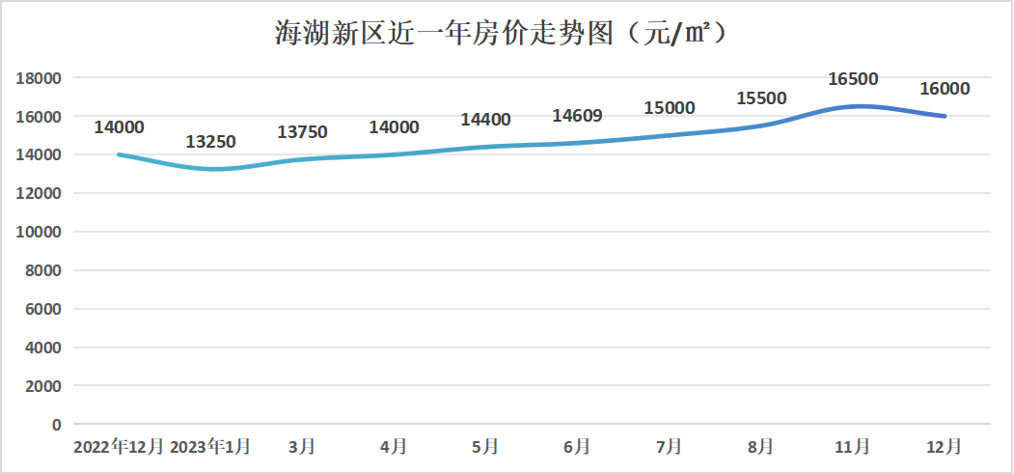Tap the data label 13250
210,142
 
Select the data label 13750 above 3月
302,132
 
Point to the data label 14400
485,120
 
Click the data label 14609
577,116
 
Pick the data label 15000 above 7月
669,108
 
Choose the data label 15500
761,98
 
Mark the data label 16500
853,79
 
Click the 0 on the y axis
56,424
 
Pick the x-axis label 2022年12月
120,447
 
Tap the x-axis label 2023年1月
210,447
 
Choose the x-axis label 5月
485,447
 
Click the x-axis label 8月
761,447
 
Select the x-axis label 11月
853,447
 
